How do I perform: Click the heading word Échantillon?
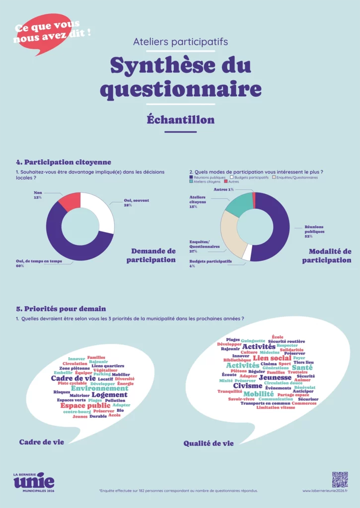click(181, 120)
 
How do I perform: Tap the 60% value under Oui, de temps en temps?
click(20, 266)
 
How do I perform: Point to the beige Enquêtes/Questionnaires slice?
click(230, 233)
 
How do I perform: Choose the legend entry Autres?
click(233, 182)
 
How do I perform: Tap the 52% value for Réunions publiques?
click(308, 237)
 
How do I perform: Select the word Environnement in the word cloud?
click(99, 388)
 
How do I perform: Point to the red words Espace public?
click(85, 405)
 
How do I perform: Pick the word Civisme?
click(248, 385)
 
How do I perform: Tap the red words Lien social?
click(272, 358)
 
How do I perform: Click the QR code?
click(340, 479)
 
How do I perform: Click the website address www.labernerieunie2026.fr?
click(325, 491)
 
